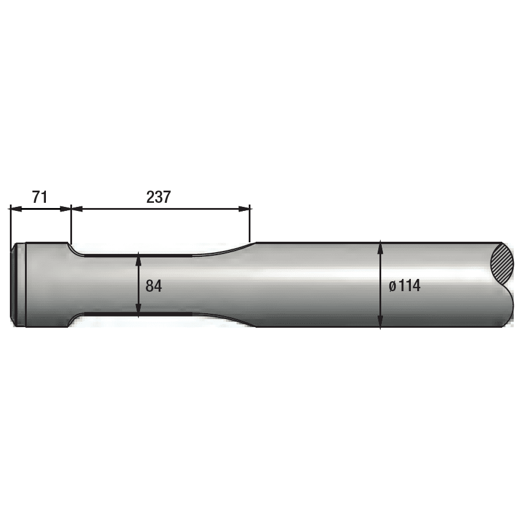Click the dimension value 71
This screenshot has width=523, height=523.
(40, 197)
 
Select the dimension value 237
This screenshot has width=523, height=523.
(158, 197)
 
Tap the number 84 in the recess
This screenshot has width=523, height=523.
(153, 286)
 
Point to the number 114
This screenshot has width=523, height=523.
(409, 286)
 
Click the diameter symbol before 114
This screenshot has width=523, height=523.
(393, 286)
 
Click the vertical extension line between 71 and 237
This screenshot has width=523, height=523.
(71, 224)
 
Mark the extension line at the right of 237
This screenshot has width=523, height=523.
(249, 224)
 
